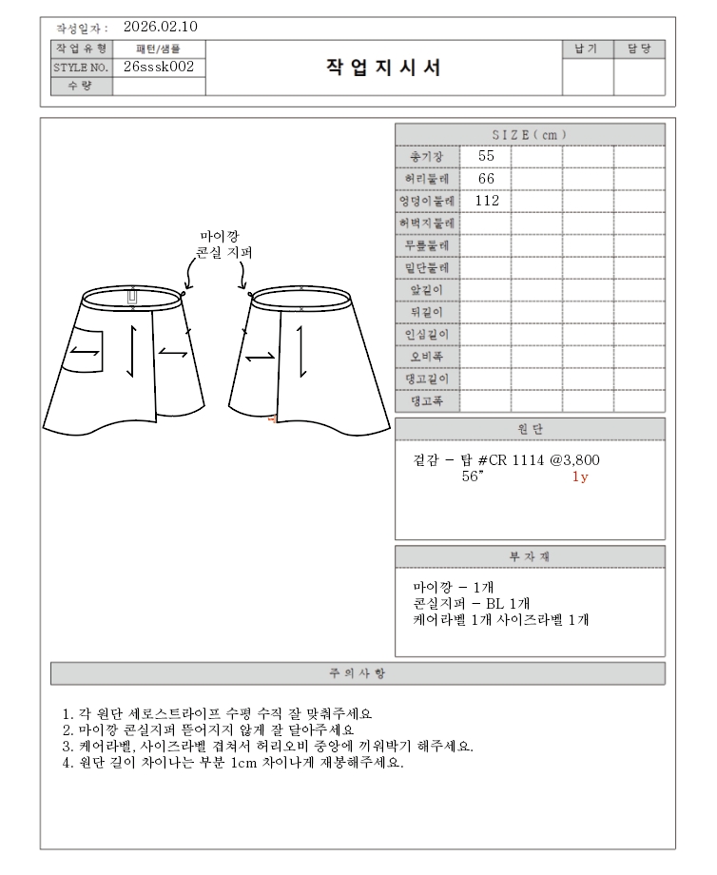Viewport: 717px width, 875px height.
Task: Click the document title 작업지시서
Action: pos(383,68)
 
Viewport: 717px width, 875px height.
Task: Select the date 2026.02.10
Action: pos(161,27)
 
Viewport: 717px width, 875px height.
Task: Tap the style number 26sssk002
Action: pos(159,67)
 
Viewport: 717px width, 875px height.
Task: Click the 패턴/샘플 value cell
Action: pos(159,48)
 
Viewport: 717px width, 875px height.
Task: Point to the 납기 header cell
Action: pos(587,49)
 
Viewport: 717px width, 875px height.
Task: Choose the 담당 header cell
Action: pos(638,49)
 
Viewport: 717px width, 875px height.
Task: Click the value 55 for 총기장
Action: pos(486,156)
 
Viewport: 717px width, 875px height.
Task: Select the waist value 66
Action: pos(486,179)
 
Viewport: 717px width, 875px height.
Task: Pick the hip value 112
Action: pos(487,201)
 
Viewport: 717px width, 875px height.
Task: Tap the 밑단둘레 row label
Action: pos(427,267)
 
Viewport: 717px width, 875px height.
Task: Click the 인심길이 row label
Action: pos(427,334)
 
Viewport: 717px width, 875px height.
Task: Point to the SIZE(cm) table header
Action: pos(530,135)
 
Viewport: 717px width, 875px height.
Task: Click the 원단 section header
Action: pos(530,430)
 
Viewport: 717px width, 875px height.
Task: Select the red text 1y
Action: pos(580,476)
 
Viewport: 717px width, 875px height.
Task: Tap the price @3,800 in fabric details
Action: pos(575,460)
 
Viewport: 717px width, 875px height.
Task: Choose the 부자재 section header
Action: pos(530,557)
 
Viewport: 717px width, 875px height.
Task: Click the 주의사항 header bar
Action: pos(358,673)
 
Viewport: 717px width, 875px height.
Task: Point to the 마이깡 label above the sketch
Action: pos(220,236)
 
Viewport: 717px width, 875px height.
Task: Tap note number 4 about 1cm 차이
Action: pos(233,763)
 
